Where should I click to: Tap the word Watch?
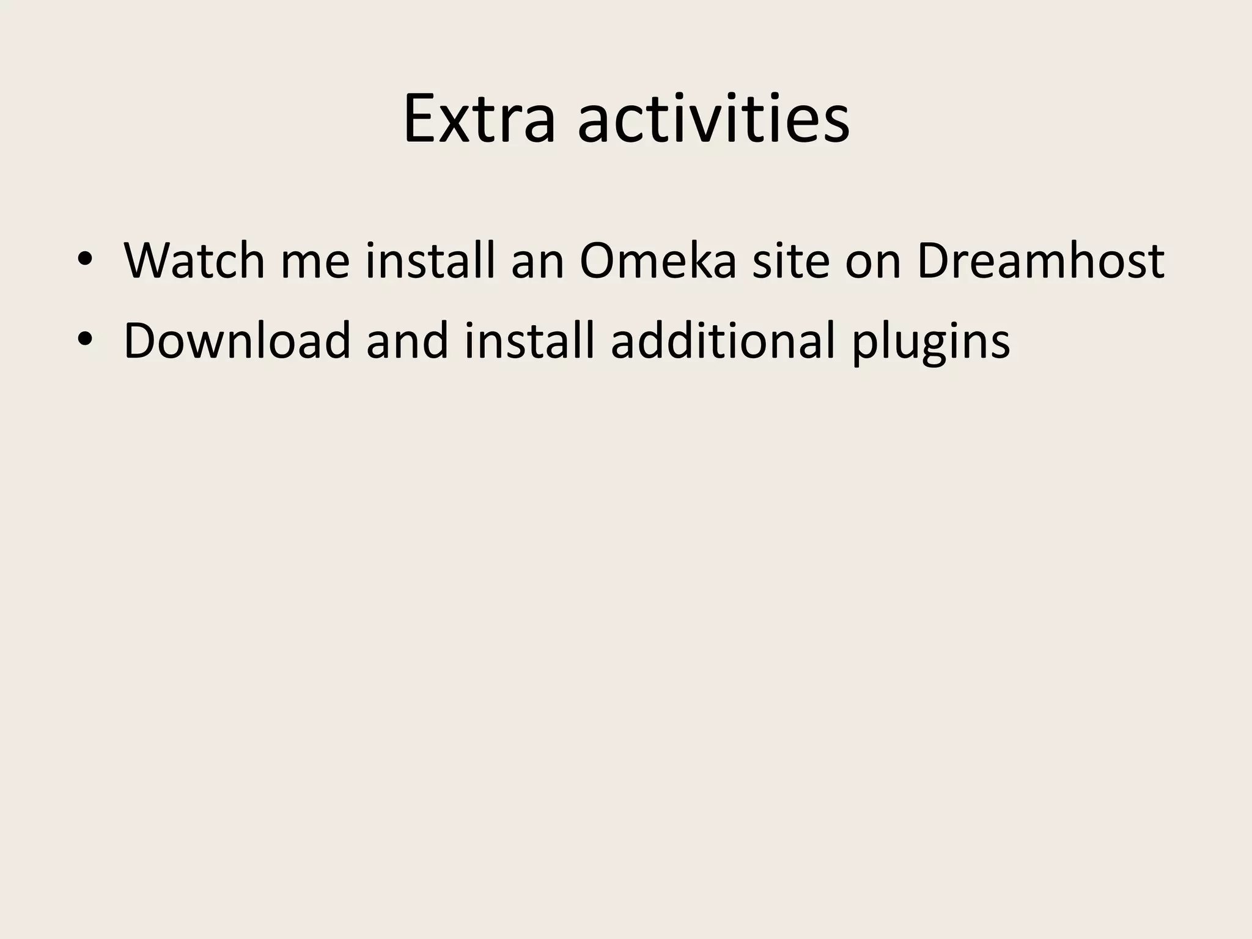194,261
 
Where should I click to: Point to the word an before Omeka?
537,261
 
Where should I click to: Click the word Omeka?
658,261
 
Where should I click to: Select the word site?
790,261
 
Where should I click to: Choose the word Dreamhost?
1040,261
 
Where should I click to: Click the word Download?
237,341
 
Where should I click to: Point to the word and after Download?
407,341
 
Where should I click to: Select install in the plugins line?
529,341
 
